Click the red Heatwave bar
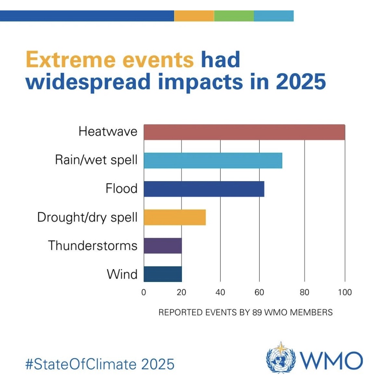[x=244, y=132]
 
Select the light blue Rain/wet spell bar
[x=213, y=161]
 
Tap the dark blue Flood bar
[x=204, y=189]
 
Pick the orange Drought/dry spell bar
[x=174, y=217]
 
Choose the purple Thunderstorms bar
[x=162, y=245]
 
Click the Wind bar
[x=162, y=274]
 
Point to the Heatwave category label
[x=108, y=132]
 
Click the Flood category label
[x=121, y=189]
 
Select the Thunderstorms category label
[x=93, y=245]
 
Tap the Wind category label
[x=122, y=274]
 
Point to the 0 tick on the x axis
[x=144, y=292]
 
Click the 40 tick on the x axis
[x=220, y=292]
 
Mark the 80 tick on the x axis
[x=304, y=292]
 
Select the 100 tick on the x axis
[x=345, y=292]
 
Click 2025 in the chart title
[x=301, y=82]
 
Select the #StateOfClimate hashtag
[x=81, y=364]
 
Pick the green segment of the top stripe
[x=234, y=16]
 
